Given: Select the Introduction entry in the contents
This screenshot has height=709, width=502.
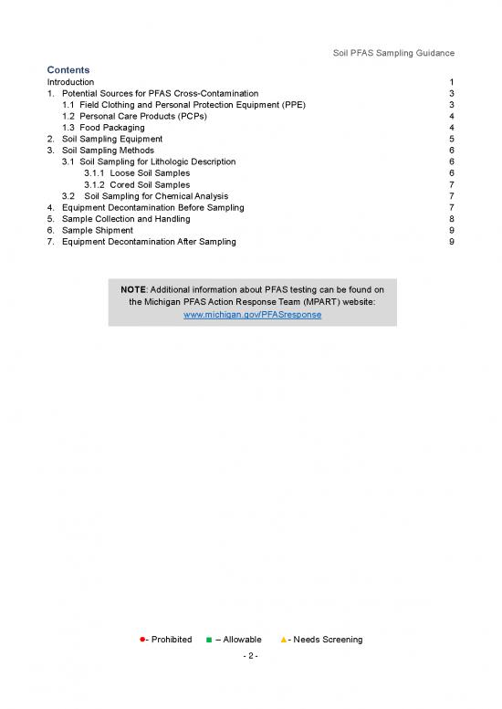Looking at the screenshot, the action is pyautogui.click(x=72, y=82).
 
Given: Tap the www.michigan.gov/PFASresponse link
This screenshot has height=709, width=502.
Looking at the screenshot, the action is pyautogui.click(x=252, y=314).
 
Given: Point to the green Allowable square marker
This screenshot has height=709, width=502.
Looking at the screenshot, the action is pyautogui.click(x=209, y=640).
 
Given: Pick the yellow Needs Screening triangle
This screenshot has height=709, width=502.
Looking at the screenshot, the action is pyautogui.click(x=283, y=640).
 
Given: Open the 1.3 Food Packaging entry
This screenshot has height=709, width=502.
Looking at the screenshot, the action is pyautogui.click(x=102, y=128).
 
